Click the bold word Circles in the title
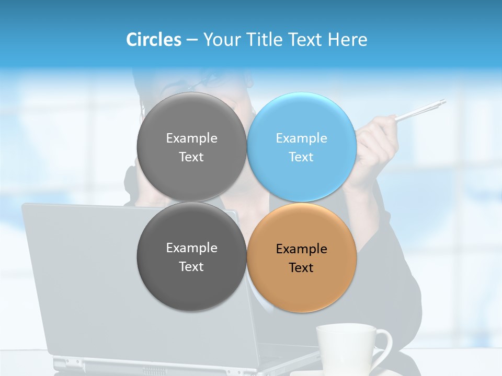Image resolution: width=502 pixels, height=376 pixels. [x=153, y=40]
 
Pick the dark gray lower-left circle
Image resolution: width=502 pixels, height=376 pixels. [x=191, y=282]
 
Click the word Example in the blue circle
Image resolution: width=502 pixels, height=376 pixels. [x=301, y=138]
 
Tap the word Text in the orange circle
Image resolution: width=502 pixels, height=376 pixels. [x=301, y=268]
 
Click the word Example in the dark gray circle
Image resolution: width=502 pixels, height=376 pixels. [x=191, y=248]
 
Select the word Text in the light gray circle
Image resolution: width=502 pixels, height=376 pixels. [x=191, y=157]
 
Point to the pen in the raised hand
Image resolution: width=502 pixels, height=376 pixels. [x=421, y=110]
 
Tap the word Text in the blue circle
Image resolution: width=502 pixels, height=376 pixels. [x=301, y=157]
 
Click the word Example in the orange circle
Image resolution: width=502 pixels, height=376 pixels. [x=301, y=249]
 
